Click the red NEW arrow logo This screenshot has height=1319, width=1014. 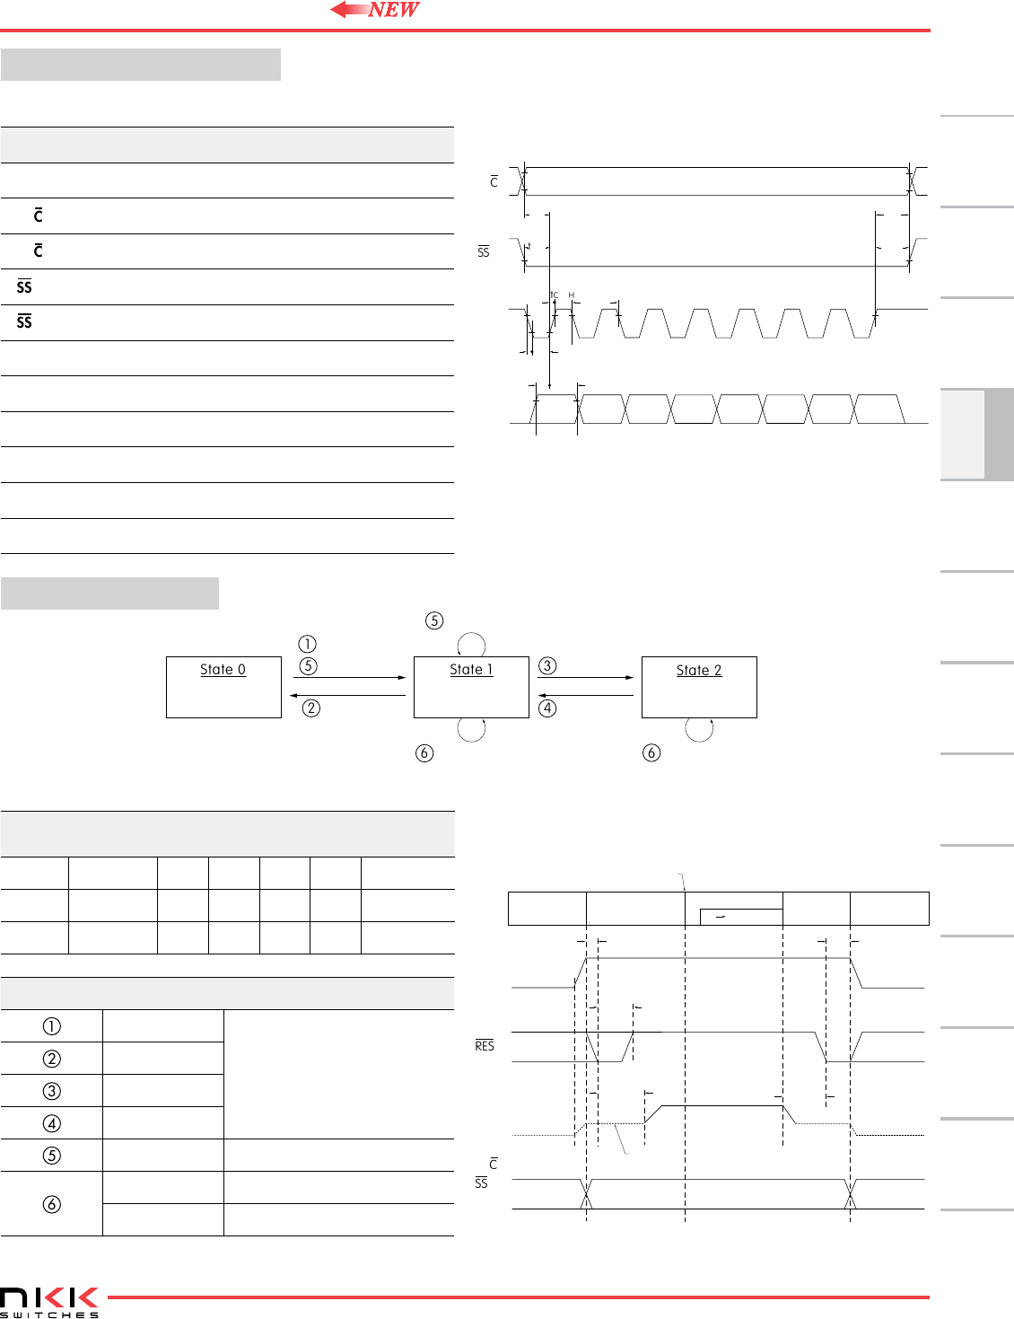(x=375, y=10)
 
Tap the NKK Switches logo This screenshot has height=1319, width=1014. (x=49, y=1301)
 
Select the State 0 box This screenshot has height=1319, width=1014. (x=223, y=687)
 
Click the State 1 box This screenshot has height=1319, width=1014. (x=471, y=687)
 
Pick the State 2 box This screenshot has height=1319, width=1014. (x=699, y=687)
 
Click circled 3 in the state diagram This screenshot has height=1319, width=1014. (x=547, y=665)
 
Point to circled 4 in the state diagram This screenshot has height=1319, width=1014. (x=547, y=708)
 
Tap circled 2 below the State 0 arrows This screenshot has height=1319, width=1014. (x=310, y=708)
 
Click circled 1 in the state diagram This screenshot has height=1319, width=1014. (x=307, y=644)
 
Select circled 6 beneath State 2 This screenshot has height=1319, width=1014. (x=651, y=752)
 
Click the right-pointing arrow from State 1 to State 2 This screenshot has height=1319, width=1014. (x=585, y=678)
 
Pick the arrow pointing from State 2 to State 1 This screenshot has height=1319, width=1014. (x=585, y=695)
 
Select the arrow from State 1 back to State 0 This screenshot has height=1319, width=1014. (x=347, y=695)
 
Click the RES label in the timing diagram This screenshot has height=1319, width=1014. (x=485, y=1046)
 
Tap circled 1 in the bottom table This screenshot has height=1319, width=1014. (x=52, y=1026)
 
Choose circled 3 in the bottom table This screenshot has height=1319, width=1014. (x=52, y=1091)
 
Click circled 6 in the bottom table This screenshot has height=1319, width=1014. (x=52, y=1204)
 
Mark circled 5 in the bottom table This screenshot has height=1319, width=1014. (x=52, y=1156)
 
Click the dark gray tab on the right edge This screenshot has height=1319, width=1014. (x=999, y=435)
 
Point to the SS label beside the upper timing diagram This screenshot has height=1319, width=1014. (x=484, y=252)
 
